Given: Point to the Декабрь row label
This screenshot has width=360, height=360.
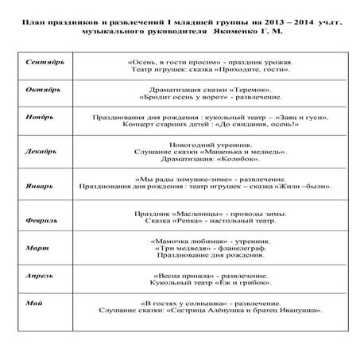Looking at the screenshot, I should point(40,149).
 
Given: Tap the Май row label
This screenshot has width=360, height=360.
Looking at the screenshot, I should point(33,303).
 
